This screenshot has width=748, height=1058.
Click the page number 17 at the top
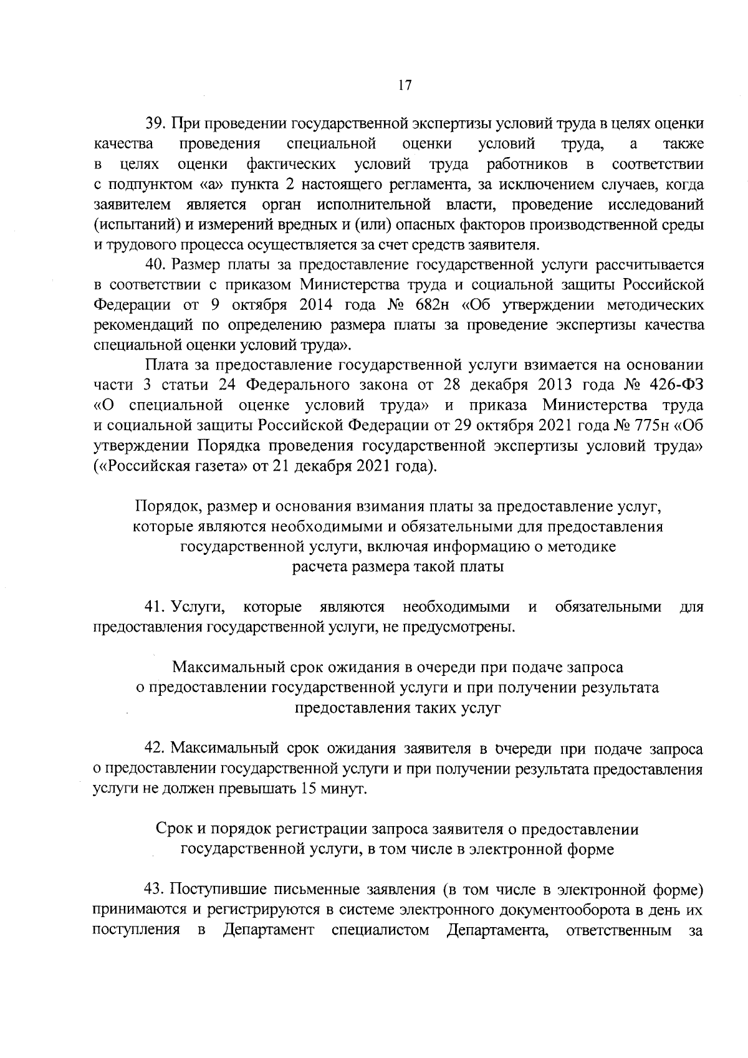tap(405, 86)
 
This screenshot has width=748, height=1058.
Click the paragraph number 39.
tap(155, 124)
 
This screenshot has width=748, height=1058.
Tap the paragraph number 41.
tap(155, 607)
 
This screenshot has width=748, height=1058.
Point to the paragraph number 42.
tap(155, 748)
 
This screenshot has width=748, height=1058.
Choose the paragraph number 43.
tap(155, 889)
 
